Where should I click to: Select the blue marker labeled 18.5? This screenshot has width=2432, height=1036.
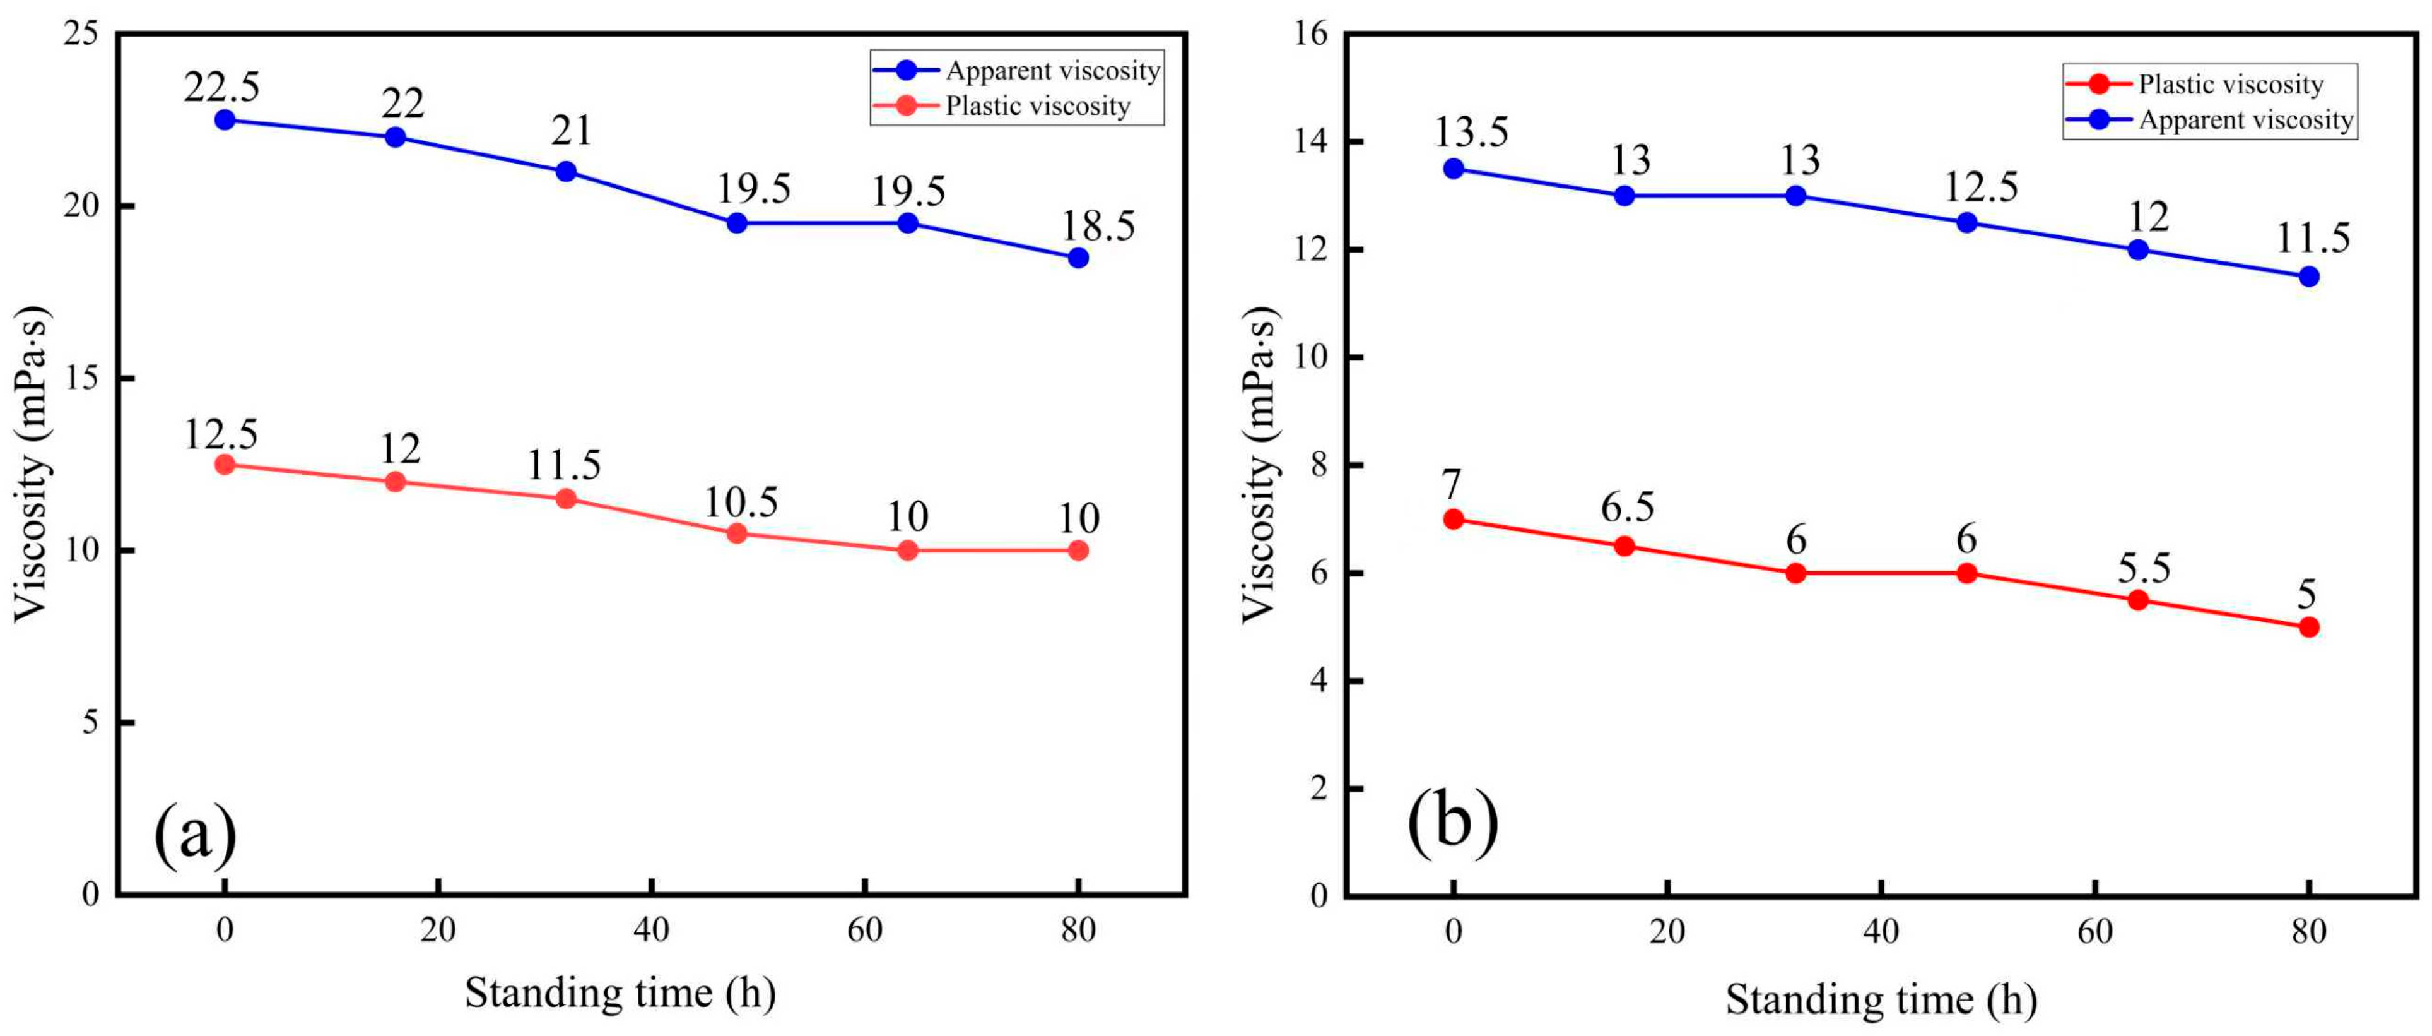(1078, 258)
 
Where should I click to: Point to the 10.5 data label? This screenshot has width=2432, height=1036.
(741, 503)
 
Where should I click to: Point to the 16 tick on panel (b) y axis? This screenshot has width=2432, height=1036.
(1312, 34)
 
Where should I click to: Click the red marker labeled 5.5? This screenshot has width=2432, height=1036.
(2137, 600)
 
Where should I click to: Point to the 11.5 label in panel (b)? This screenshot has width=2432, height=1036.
(2312, 238)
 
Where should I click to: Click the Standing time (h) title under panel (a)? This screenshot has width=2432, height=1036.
(620, 992)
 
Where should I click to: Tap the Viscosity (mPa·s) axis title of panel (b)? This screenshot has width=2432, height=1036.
(1259, 465)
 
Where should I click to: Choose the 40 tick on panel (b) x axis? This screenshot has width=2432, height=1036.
(1881, 932)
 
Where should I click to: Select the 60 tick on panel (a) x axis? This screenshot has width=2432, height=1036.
(864, 930)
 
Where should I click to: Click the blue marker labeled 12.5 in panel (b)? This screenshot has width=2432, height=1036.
(1966, 223)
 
